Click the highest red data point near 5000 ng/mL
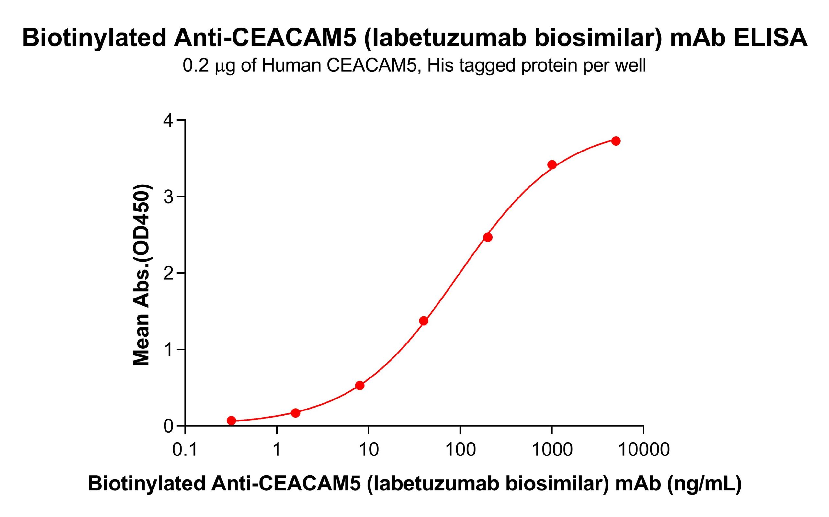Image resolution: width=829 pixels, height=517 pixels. (x=616, y=141)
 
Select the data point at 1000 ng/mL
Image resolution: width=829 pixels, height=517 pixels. (x=551, y=165)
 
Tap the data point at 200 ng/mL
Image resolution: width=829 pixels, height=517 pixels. (x=488, y=237)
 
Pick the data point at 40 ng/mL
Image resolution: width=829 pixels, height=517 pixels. (x=423, y=321)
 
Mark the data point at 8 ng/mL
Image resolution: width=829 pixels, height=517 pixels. (x=359, y=385)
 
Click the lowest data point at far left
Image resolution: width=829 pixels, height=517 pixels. (x=231, y=420)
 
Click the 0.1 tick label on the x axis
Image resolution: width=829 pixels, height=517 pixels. (x=185, y=450)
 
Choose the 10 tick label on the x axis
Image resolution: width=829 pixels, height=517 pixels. (x=368, y=450)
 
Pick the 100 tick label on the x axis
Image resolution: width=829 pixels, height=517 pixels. (x=460, y=450)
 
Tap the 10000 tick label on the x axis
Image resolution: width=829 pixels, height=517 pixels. (x=644, y=450)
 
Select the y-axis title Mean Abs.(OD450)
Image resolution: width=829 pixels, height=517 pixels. (x=141, y=275)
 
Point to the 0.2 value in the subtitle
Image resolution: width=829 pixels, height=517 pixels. (x=196, y=66)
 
